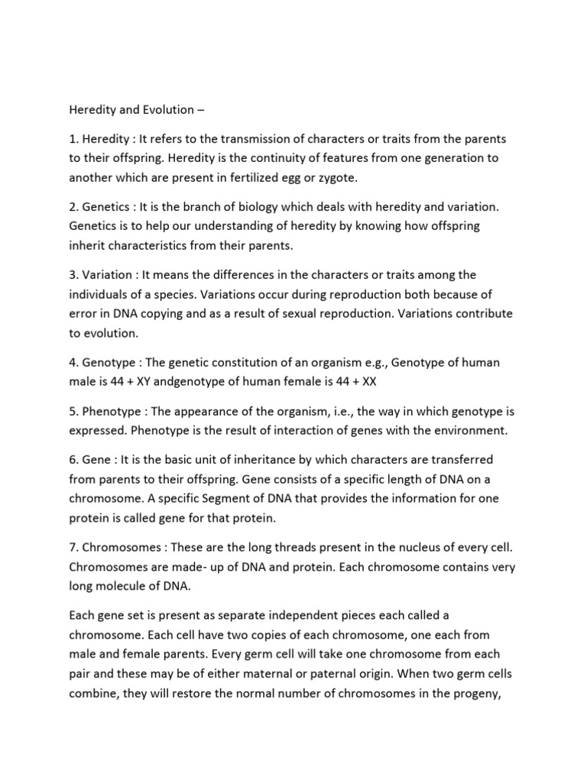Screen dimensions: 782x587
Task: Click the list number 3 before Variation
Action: [73, 274]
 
